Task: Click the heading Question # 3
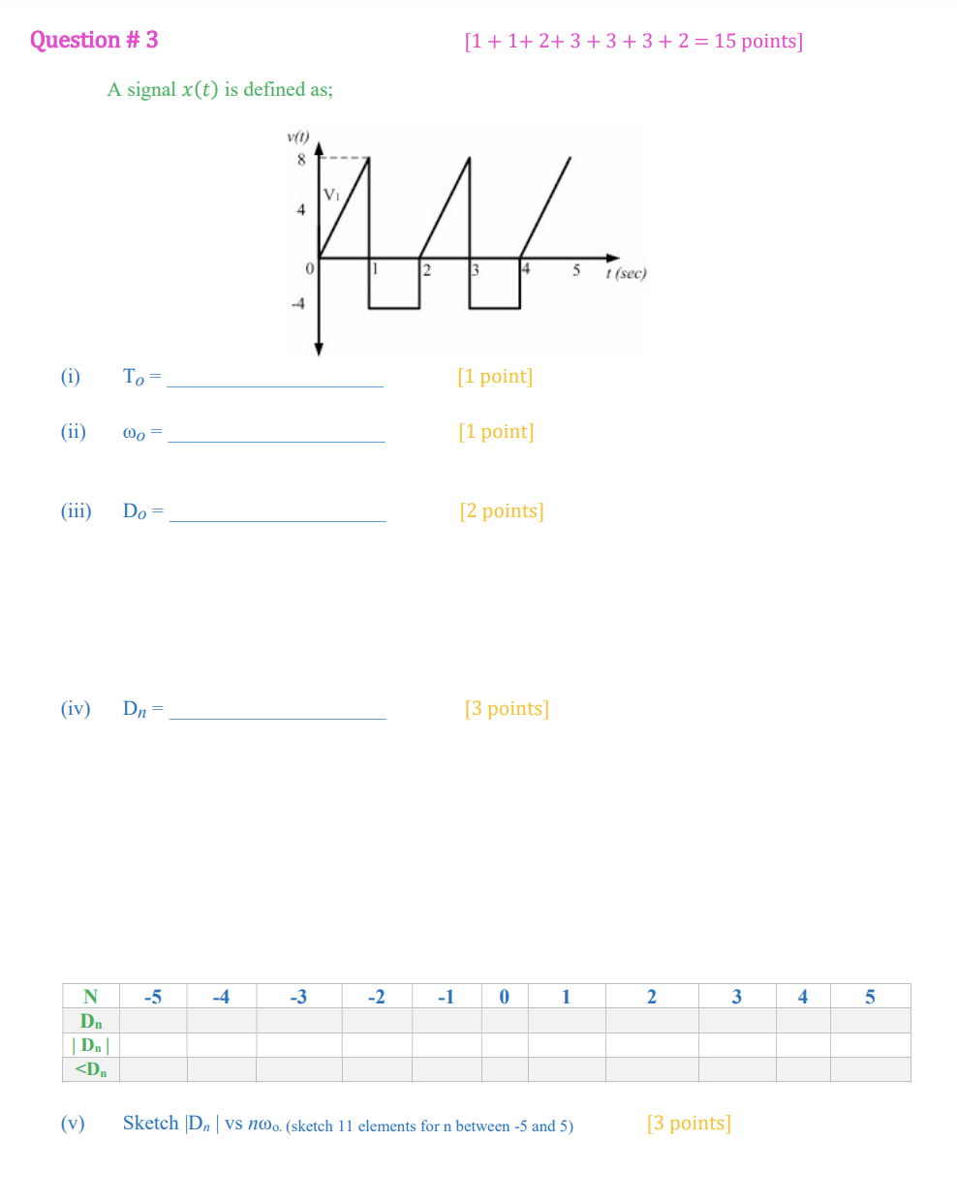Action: point(94,40)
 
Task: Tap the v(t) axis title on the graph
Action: point(297,137)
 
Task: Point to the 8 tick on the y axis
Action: point(301,160)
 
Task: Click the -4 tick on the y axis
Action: point(298,303)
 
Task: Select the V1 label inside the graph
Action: point(331,195)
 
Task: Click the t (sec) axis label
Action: point(626,273)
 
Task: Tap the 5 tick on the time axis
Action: point(575,270)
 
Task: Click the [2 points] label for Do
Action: point(502,510)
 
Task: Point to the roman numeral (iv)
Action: point(76,708)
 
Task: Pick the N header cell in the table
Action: point(91,997)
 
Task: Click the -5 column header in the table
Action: point(153,997)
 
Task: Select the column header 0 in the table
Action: point(504,997)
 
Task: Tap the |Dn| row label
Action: point(91,1045)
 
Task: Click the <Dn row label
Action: point(91,1069)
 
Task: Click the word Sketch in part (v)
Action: point(150,1124)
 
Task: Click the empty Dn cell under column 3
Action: point(736,1021)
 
